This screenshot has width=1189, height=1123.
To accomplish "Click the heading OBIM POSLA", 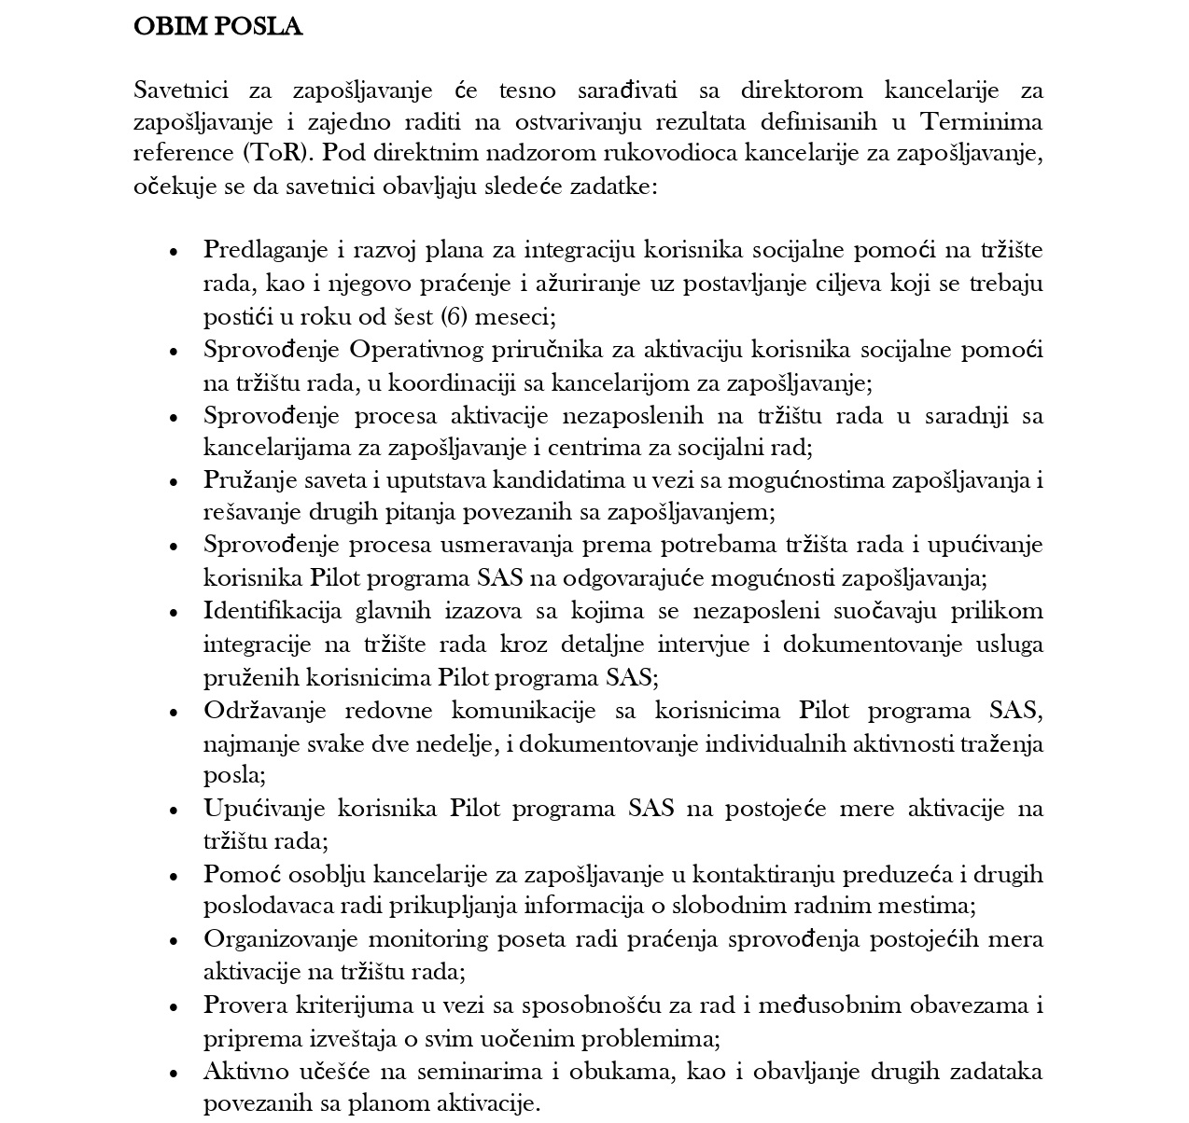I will tap(217, 27).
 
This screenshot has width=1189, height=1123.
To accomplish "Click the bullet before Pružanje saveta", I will tap(173, 482).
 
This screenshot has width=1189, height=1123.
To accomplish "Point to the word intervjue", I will tap(717, 645).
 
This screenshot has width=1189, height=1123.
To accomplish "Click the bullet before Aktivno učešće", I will tap(173, 1073).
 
